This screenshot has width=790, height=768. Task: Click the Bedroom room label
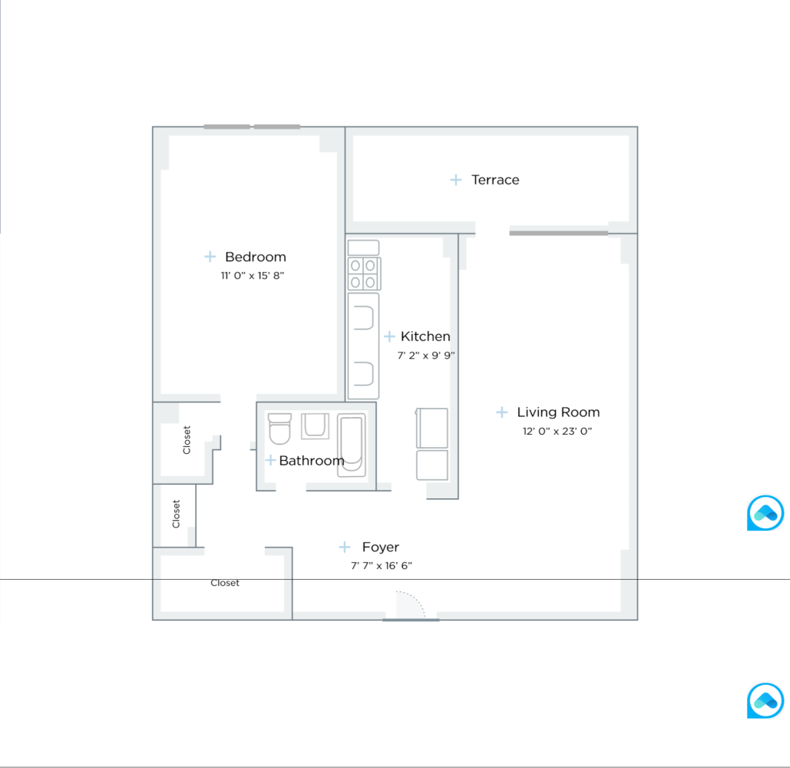255,257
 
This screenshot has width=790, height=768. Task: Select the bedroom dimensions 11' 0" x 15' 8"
253,275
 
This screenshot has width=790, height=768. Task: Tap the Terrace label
495,180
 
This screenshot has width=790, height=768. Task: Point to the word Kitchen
425,336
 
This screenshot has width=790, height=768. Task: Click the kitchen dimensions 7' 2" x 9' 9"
426,356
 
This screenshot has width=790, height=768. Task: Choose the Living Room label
558,412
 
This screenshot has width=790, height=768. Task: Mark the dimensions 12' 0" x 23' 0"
557,432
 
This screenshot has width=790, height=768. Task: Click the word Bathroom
312,461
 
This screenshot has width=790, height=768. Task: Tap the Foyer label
381,548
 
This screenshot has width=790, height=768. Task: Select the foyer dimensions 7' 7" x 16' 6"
382,566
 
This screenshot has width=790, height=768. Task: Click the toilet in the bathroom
279,429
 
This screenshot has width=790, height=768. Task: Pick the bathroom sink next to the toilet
315,425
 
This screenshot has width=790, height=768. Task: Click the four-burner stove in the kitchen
364,273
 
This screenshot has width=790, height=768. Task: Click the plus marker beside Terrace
456,180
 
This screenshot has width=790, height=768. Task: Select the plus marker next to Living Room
502,412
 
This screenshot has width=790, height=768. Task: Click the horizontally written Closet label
225,583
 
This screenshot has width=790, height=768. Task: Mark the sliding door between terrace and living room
558,232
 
